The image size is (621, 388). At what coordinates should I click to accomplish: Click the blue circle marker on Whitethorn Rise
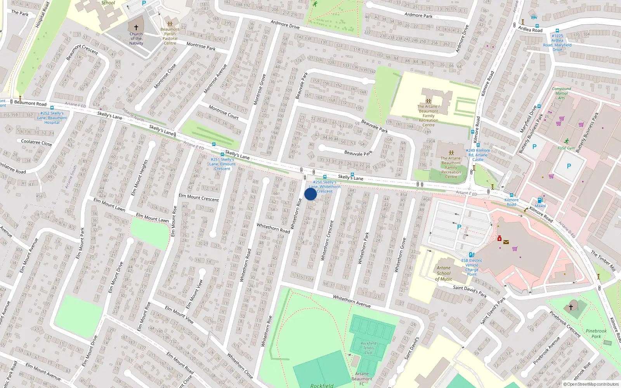pyautogui.click(x=310, y=194)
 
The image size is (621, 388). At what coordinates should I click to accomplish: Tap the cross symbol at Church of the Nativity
pyautogui.click(x=136, y=28)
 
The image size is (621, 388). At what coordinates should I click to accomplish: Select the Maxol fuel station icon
pyautogui.click(x=540, y=200)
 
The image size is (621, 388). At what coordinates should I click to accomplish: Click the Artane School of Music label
pyautogui.click(x=444, y=273)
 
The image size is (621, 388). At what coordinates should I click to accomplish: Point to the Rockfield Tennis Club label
pyautogui.click(x=368, y=348)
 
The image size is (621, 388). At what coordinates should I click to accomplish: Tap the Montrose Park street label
pyautogui.click(x=201, y=46)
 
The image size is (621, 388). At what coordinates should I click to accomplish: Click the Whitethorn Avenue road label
pyautogui.click(x=352, y=301)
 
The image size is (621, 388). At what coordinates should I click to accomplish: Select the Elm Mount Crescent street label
pyautogui.click(x=199, y=197)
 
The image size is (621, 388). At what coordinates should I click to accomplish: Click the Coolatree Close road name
pyautogui.click(x=36, y=142)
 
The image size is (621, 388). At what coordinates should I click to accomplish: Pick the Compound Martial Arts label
pyautogui.click(x=561, y=93)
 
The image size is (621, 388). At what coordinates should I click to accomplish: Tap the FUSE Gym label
pyautogui.click(x=566, y=148)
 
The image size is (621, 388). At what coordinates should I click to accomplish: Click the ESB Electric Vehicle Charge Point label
pyautogui.click(x=472, y=267)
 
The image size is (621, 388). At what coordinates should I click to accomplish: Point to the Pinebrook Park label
pyautogui.click(x=596, y=334)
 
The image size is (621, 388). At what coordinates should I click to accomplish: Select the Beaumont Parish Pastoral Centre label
pyautogui.click(x=170, y=36)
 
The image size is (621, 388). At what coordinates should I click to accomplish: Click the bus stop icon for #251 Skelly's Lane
pyautogui.click(x=222, y=154)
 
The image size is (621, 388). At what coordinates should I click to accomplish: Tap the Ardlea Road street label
pyautogui.click(x=530, y=29)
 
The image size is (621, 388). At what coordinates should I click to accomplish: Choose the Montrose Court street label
pyautogui.click(x=224, y=112)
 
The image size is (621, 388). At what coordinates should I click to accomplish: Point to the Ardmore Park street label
pyautogui.click(x=418, y=16)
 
